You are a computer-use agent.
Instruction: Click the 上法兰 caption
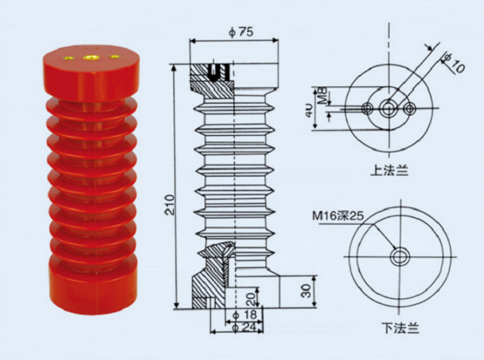(389, 171)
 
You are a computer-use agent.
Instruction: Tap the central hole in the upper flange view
(389, 108)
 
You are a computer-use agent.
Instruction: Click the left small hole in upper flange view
(367, 108)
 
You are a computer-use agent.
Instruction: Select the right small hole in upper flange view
(410, 108)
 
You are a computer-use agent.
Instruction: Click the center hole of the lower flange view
(400, 256)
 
